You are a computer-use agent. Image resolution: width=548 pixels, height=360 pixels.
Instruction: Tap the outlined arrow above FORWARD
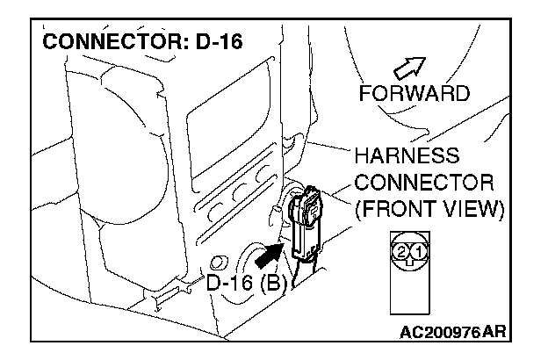412,68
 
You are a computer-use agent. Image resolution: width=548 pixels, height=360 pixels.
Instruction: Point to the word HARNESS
407,157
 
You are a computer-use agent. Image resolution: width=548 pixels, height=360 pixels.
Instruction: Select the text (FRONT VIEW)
428,210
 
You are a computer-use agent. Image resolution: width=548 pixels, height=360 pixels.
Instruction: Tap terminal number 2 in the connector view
401,253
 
